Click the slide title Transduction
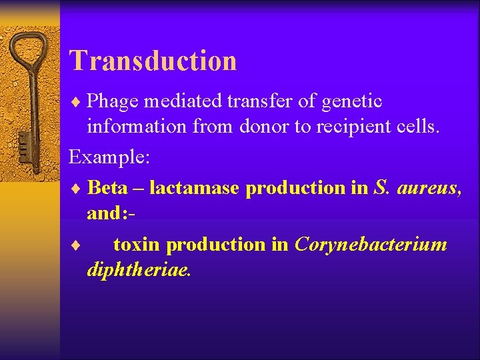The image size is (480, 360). (153, 60)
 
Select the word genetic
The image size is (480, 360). (352, 101)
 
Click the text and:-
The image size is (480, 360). (110, 213)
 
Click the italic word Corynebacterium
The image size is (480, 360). (371, 245)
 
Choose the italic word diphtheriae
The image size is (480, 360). (139, 271)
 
